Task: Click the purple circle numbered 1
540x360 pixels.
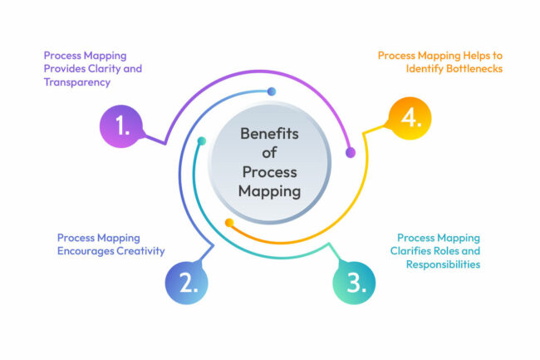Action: pyautogui.click(x=121, y=126)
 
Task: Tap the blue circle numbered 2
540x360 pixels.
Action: pyautogui.click(x=187, y=282)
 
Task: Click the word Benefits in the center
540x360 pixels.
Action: pyautogui.click(x=270, y=133)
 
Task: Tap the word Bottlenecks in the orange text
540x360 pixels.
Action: pyautogui.click(x=467, y=68)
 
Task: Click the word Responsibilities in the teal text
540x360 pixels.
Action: pyautogui.click(x=443, y=264)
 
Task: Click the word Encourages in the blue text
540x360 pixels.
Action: pyautogui.click(x=86, y=251)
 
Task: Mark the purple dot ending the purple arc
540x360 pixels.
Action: pyautogui.click(x=350, y=152)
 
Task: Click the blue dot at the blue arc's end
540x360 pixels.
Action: pyautogui.click(x=272, y=91)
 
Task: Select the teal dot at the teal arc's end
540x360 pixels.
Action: pyautogui.click(x=200, y=141)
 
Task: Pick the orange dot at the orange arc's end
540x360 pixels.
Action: pyautogui.click(x=229, y=222)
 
